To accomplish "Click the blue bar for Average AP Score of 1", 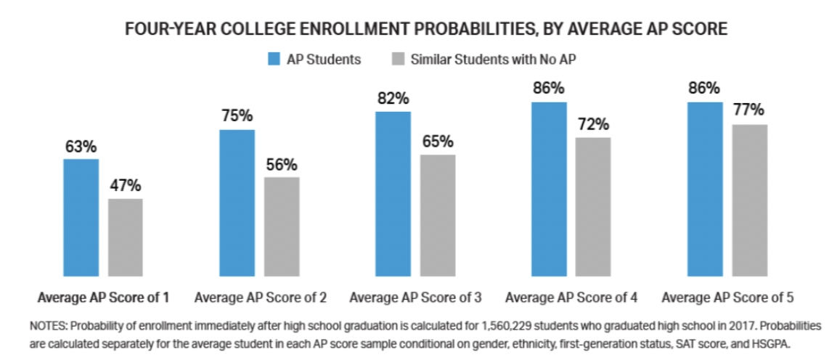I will [x=81, y=218].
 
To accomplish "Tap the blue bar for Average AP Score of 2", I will [x=237, y=203].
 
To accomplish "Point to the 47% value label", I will [x=126, y=187].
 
